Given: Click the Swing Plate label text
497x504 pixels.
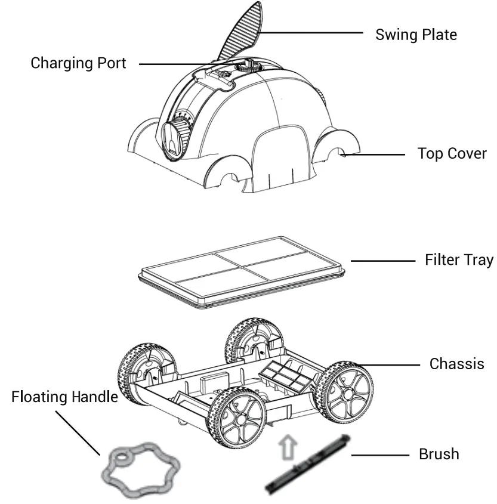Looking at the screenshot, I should [416, 35].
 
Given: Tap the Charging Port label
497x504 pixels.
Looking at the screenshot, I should [78, 63].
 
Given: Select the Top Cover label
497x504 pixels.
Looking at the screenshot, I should [452, 154].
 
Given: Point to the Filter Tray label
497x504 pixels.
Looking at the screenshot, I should [459, 260].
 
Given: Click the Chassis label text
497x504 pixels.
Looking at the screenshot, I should [456, 363].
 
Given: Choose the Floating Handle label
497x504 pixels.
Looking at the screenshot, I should [64, 397].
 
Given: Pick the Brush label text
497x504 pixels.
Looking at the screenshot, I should [439, 454].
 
